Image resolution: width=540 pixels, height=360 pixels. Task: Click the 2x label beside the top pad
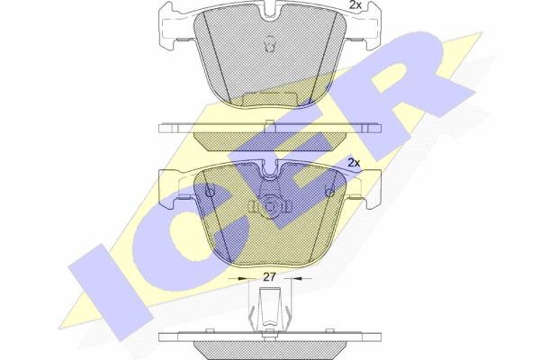(355, 4)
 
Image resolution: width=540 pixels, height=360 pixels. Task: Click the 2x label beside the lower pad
(354, 163)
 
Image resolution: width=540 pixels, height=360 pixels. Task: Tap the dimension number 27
(270, 277)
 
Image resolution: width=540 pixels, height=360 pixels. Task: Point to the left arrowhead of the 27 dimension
(243, 278)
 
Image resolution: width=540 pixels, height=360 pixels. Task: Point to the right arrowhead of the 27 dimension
(297, 278)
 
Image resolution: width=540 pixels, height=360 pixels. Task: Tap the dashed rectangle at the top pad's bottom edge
(270, 99)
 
